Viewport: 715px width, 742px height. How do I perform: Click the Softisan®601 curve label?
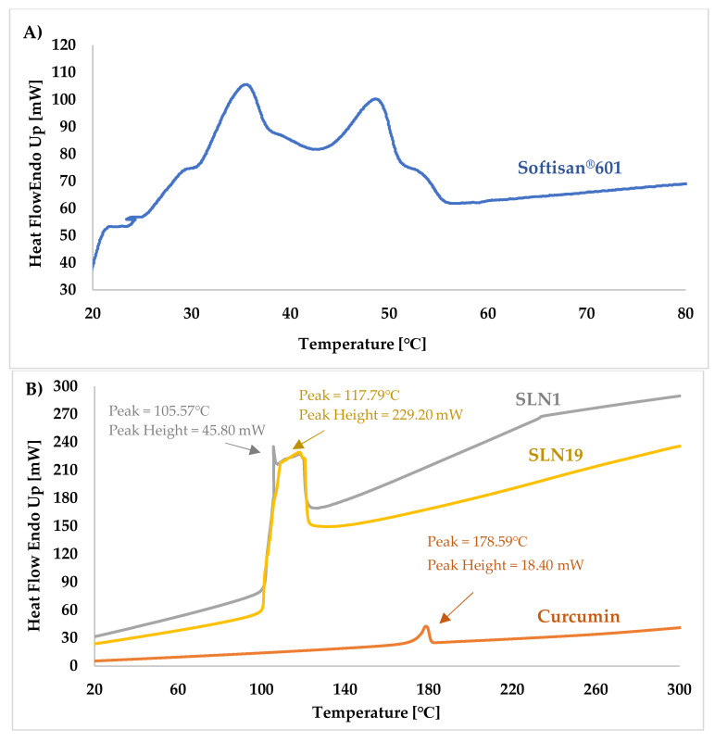tap(570, 168)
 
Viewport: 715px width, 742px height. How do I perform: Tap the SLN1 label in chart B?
tap(537, 399)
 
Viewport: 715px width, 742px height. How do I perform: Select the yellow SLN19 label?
tap(556, 455)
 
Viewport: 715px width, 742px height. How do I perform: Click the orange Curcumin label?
tap(578, 616)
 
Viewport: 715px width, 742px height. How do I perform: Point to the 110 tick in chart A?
tap(63, 72)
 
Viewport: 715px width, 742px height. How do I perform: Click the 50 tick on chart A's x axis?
tap(389, 313)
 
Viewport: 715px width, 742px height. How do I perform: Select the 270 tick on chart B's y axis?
tap(66, 413)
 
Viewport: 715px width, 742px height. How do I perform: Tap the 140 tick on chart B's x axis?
tap(345, 689)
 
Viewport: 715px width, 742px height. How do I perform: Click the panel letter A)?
tap(32, 32)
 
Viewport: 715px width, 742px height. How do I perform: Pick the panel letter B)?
tap(34, 389)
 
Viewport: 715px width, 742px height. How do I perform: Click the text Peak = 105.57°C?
tap(159, 410)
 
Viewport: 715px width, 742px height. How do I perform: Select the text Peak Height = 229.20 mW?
tap(381, 415)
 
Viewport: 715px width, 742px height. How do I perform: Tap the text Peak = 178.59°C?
tap(477, 541)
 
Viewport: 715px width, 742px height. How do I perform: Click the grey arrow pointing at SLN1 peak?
tap(243, 448)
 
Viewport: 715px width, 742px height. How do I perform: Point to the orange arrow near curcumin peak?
tap(457, 608)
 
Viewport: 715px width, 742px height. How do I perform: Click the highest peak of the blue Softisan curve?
tap(246, 84)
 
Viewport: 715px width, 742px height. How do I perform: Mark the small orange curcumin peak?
tap(426, 627)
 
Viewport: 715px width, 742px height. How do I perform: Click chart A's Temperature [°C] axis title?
tap(362, 344)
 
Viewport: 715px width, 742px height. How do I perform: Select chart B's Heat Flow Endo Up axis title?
tap(34, 535)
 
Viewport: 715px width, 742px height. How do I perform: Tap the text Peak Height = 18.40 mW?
tap(506, 565)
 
